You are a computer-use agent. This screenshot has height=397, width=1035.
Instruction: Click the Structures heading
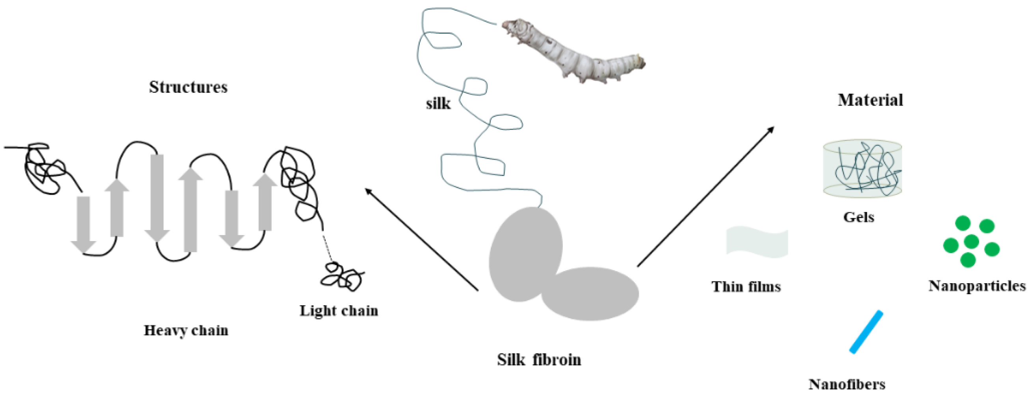(188, 87)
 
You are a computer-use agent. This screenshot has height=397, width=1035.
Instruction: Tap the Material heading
(870, 100)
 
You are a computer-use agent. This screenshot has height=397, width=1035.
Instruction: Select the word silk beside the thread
(438, 104)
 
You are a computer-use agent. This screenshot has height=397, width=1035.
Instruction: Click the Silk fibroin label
(539, 359)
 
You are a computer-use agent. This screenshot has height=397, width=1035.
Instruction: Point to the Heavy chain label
(186, 330)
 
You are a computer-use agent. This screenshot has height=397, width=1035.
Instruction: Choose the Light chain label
(339, 311)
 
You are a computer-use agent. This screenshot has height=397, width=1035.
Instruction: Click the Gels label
(858, 217)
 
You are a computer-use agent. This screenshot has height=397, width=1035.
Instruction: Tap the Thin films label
(746, 287)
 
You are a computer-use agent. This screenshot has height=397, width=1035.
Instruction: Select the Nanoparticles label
(977, 286)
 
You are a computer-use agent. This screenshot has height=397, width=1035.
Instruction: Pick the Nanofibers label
(847, 384)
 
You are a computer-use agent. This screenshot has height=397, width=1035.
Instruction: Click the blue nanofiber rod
(866, 332)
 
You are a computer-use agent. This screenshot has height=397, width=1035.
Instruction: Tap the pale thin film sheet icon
(757, 242)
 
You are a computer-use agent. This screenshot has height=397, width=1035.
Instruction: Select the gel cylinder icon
(862, 169)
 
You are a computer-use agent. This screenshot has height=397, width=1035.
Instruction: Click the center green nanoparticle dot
(971, 242)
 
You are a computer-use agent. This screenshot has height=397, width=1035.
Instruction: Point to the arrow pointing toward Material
(706, 197)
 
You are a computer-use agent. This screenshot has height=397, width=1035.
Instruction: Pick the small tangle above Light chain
(342, 276)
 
